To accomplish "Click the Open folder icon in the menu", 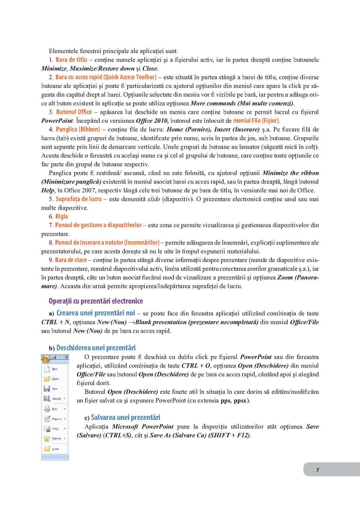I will pos(47,379).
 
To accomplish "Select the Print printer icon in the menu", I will pos(47,409).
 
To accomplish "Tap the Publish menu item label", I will pos(57,438).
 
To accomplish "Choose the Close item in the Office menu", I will pos(55,449).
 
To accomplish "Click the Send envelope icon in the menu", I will pos(47,429).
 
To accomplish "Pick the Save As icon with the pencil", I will pos(47,399).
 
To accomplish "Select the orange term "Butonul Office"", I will pos(74,112).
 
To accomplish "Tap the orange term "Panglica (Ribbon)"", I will pos(78,129).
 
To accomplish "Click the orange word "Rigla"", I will pos(62,216).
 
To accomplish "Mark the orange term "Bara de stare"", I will pos(71,260).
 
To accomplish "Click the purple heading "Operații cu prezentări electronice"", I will pos(96,301).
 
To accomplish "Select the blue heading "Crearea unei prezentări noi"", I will pos(96,313).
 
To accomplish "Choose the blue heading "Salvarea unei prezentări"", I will pos(125,418).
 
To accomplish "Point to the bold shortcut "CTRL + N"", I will pos(55,322).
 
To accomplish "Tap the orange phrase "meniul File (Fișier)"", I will pos(256,121).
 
